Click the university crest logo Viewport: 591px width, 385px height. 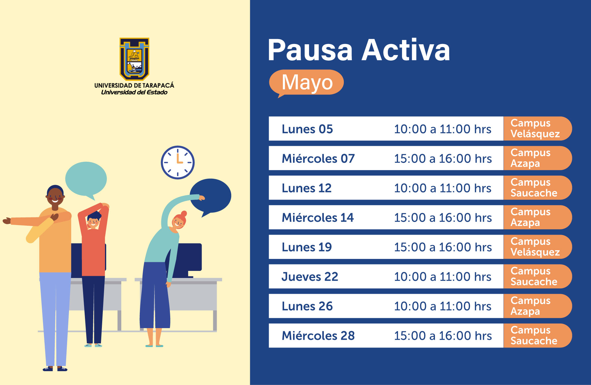(x=135, y=59)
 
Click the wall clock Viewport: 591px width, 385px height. (x=178, y=162)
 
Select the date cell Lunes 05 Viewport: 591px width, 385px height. (x=307, y=129)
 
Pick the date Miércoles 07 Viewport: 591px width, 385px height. (x=318, y=159)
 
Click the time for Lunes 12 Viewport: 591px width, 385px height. (x=443, y=188)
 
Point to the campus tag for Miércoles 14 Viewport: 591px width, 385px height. (x=537, y=217)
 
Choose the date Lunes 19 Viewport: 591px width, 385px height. (x=307, y=247)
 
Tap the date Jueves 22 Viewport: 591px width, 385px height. (x=310, y=277)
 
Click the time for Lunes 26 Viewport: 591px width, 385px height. (x=443, y=306)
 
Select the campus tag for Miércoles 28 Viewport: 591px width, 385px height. (x=537, y=335)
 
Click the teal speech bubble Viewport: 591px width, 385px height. (x=86, y=179)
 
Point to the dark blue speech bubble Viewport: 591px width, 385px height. (x=211, y=196)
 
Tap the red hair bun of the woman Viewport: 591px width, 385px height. (x=184, y=214)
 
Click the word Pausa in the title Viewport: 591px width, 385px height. (x=310, y=50)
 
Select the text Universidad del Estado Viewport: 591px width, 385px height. (x=134, y=92)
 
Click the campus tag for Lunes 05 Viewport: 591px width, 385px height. (x=537, y=129)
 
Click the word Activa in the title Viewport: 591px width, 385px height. (x=406, y=50)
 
